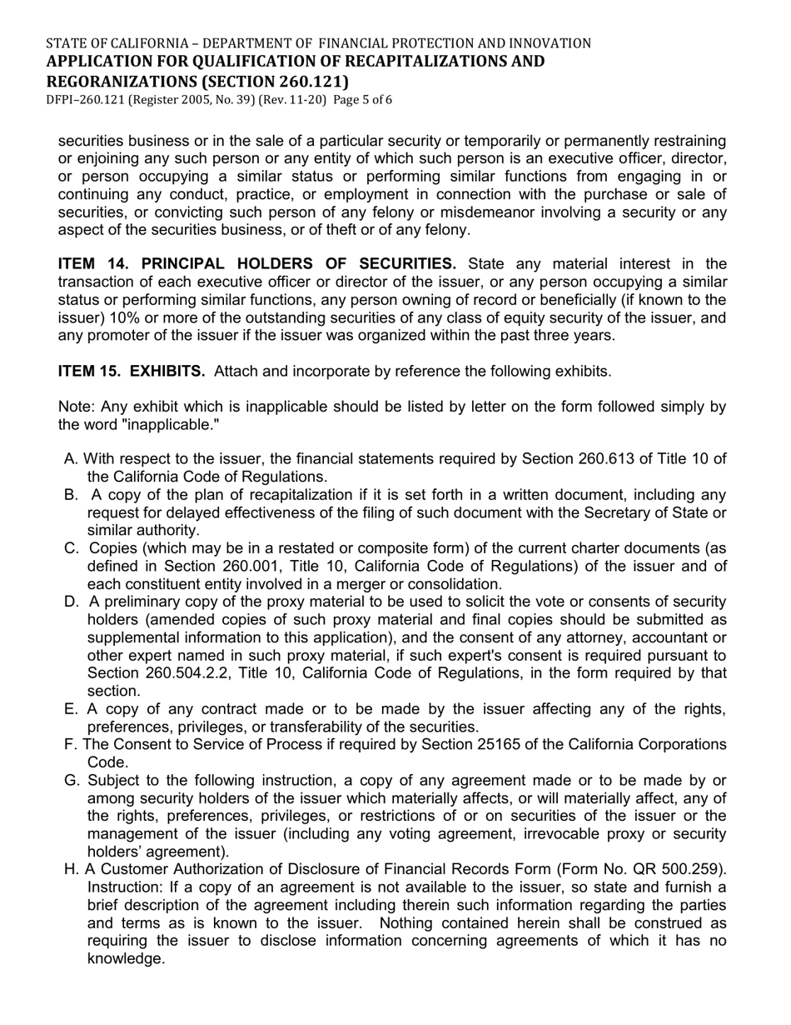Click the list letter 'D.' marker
click(72, 602)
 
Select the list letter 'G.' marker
click(72, 781)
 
